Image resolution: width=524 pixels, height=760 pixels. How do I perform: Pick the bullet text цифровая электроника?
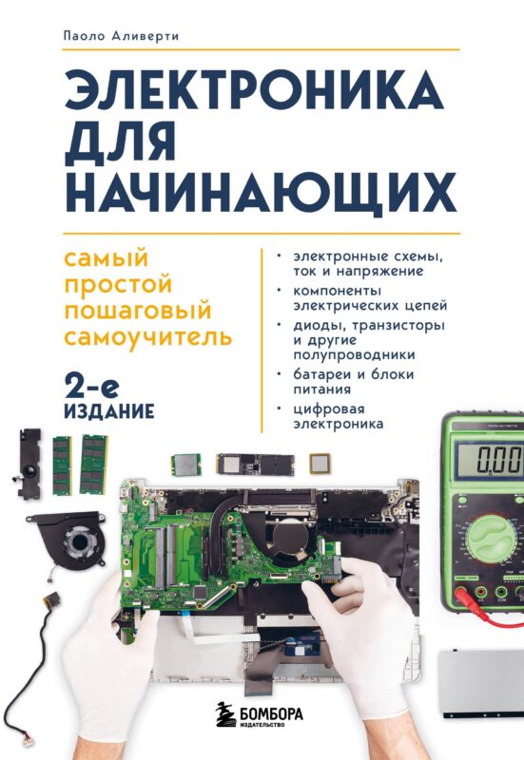point(342,416)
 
